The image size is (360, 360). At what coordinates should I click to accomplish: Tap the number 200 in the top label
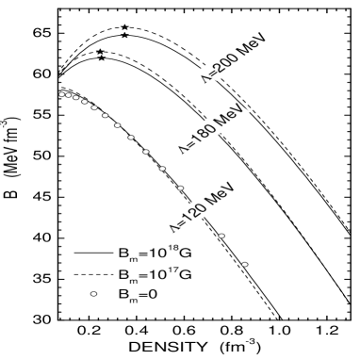(x=228, y=64)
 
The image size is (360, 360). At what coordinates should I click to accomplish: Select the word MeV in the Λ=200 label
(x=256, y=44)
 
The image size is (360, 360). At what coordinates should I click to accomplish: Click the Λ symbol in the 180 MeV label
(x=180, y=149)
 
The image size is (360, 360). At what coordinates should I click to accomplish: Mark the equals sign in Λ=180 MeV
(x=188, y=143)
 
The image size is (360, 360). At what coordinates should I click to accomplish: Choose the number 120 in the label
(x=193, y=211)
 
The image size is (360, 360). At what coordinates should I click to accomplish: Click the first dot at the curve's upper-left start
(x=61, y=94)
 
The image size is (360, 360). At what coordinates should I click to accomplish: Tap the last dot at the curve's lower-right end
(x=245, y=264)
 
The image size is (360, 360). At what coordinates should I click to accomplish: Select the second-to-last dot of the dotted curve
(x=221, y=236)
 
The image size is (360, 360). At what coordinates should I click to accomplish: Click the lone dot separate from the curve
(x=93, y=294)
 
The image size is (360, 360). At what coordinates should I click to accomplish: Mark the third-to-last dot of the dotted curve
(x=181, y=188)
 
